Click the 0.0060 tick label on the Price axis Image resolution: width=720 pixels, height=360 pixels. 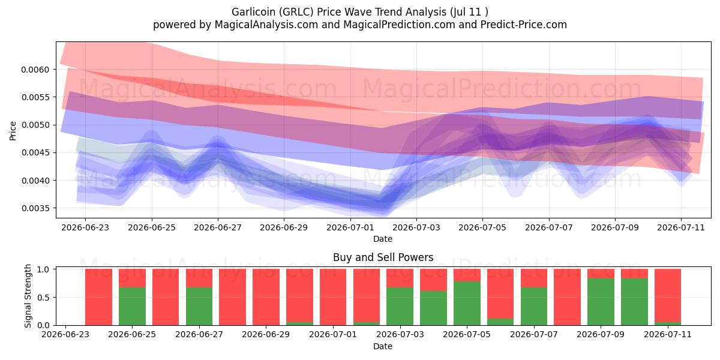click(x=35, y=70)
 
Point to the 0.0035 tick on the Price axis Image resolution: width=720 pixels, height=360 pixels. click(x=35, y=208)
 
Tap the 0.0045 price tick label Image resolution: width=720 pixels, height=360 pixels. click(x=35, y=152)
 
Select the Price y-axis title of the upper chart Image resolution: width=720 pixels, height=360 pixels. click(x=13, y=131)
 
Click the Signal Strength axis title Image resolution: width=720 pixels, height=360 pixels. click(x=28, y=296)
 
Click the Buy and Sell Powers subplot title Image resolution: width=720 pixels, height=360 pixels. click(x=383, y=257)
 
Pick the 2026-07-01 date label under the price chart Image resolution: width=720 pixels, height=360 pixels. click(x=350, y=227)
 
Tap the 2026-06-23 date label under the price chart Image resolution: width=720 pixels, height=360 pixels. click(x=85, y=227)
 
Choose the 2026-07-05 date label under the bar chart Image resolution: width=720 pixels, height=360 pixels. click(x=467, y=334)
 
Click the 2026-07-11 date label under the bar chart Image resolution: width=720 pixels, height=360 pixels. click(x=668, y=334)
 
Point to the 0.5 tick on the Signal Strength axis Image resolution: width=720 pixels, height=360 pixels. click(x=43, y=298)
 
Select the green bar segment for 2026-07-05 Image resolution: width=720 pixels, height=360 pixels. click(x=467, y=303)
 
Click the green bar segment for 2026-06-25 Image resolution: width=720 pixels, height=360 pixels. click(x=132, y=306)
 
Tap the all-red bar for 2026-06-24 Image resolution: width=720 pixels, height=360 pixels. click(x=98, y=297)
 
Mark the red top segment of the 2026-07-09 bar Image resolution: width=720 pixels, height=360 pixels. click(x=601, y=274)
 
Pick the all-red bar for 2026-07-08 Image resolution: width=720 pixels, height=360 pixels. click(x=568, y=297)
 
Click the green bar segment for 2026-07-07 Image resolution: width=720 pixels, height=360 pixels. click(x=534, y=306)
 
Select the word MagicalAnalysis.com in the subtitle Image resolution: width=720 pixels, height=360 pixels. click(x=266, y=25)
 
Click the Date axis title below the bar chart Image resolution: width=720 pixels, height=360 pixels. click(x=383, y=347)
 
